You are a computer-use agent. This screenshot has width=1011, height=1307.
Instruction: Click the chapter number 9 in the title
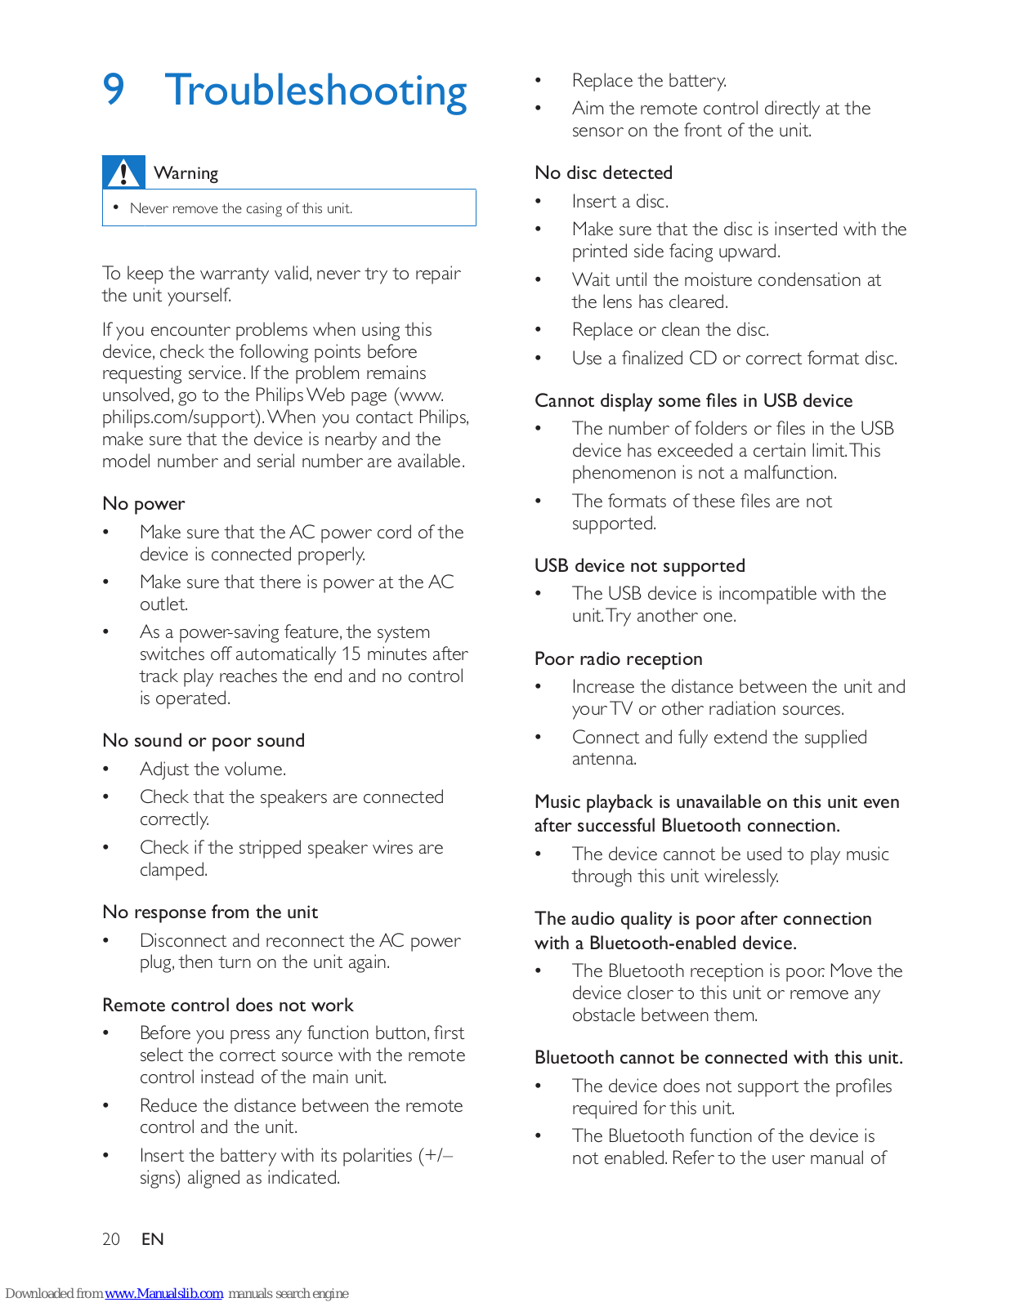pos(114,90)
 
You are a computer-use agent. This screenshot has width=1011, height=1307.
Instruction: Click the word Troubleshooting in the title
pos(315,91)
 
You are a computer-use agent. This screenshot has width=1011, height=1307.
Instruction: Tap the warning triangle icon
pos(123,172)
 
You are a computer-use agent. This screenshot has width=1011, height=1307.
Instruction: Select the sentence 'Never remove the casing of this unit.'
pos(241,208)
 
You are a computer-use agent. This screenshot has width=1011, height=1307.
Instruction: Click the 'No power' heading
pos(144,504)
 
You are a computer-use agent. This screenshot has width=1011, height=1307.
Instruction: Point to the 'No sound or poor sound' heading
pos(204,741)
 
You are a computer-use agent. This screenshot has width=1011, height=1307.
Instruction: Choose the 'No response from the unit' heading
pos(210,912)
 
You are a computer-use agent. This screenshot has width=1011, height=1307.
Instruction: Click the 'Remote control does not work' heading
pos(228,1006)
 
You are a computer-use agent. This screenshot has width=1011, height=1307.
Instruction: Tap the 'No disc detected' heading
pos(603,173)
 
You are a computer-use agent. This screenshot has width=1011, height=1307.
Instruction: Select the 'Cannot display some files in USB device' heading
pos(693,401)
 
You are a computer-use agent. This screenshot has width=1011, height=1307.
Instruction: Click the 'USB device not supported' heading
pos(640,566)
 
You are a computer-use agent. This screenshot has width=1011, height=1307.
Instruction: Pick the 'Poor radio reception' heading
pos(619,659)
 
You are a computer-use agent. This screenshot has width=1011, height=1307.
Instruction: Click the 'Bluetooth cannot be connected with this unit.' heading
pos(718,1058)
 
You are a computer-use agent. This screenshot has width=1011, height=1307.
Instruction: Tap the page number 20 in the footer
pos(111,1239)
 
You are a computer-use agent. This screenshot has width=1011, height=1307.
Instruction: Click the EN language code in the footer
pos(153,1239)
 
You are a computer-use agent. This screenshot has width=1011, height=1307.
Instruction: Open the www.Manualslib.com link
pos(163,1294)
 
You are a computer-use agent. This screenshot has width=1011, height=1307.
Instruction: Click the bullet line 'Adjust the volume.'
pos(212,769)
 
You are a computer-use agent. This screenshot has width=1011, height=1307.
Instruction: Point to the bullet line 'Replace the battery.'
pos(649,81)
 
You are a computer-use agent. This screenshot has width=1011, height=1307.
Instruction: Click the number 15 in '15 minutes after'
pos(351,654)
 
